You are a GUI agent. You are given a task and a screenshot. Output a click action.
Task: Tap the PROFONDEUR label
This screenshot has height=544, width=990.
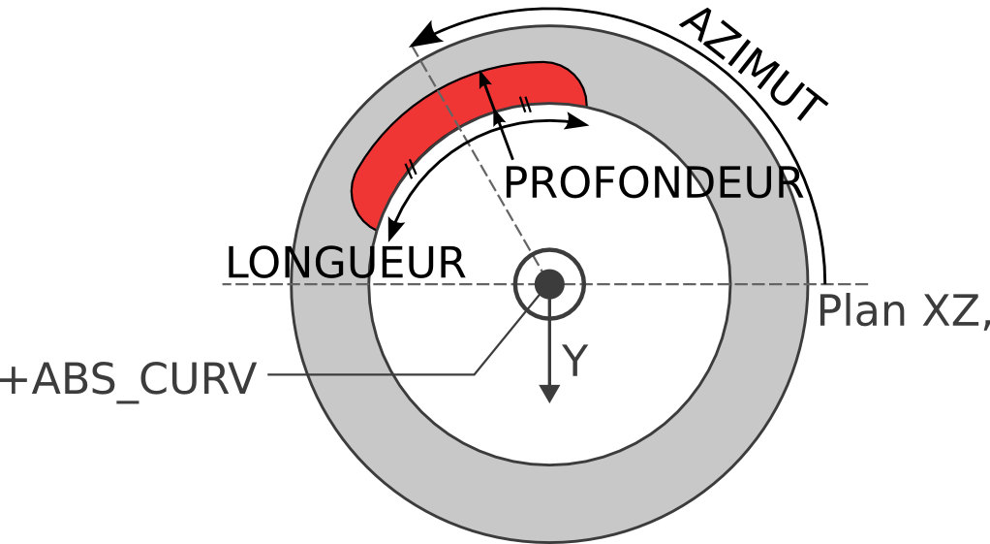[654, 183]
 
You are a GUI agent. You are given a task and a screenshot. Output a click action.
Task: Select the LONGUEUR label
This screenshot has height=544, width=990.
[346, 263]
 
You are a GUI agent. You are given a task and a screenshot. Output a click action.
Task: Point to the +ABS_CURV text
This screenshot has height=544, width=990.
[129, 380]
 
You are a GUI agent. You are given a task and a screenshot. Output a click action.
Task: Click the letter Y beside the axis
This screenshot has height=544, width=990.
[575, 361]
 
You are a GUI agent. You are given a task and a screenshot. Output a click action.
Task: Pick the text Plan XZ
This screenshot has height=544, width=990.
[904, 311]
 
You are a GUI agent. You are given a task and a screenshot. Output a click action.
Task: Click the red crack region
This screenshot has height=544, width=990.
[467, 126]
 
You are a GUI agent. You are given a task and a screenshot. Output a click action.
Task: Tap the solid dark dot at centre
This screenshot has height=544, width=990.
[549, 284]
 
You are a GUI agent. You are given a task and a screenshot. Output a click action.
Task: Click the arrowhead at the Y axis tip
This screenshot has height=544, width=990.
[550, 393]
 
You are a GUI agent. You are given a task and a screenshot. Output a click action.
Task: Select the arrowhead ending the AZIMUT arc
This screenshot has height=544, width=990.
[423, 35]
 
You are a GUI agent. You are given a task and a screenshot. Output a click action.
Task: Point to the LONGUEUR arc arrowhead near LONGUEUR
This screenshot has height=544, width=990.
[394, 230]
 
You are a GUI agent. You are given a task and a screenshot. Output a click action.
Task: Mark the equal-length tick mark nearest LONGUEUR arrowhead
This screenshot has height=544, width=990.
[411, 169]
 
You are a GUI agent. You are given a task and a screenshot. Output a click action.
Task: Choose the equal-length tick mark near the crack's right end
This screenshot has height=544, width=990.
[526, 105]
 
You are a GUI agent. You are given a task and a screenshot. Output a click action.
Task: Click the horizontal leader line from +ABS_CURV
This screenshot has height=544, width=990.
[371, 374]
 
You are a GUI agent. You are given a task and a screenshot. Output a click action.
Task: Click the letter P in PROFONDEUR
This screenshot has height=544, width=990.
[516, 183]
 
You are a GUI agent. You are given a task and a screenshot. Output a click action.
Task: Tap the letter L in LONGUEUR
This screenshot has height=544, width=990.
[236, 264]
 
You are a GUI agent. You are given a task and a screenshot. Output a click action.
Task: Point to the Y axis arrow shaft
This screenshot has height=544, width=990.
[549, 341]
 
